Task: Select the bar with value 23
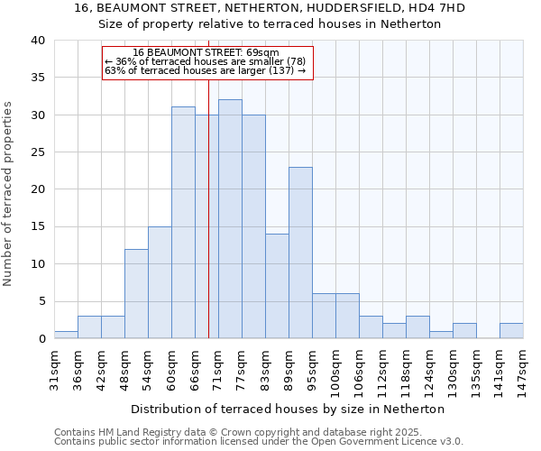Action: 300,253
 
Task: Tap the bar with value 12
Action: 136,293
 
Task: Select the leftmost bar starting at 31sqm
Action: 66,335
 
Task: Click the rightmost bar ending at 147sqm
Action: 511,331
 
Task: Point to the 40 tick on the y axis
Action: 38,41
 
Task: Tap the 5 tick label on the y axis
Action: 41,301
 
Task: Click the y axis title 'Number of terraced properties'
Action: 9,194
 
